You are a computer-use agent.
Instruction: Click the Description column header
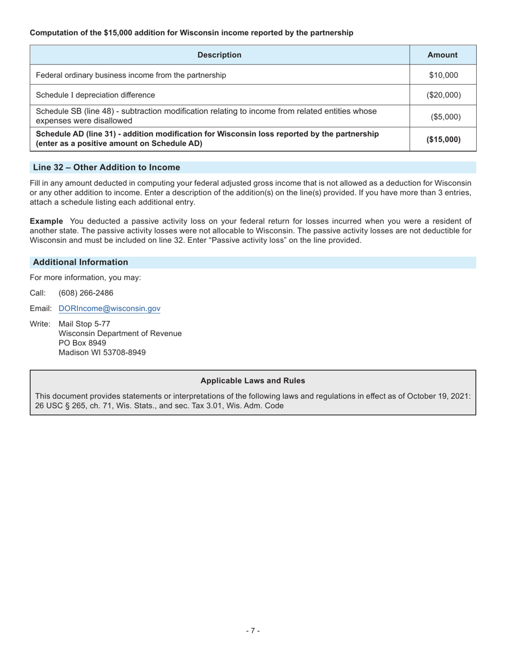tap(219, 55)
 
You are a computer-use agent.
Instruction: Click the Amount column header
tap(442, 55)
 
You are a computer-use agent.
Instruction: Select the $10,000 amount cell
tap(443, 75)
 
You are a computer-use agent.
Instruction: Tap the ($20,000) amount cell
tap(443, 95)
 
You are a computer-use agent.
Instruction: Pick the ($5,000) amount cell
tap(443, 117)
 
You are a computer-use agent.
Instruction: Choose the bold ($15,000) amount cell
tap(443, 140)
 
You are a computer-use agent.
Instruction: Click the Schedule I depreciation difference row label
tap(95, 95)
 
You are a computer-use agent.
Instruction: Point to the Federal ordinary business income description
tap(130, 75)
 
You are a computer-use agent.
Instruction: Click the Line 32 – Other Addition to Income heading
tap(107, 168)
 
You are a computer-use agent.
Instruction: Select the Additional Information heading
tap(80, 263)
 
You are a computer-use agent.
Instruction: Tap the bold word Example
tap(46, 221)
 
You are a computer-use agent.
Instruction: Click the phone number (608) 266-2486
tap(86, 293)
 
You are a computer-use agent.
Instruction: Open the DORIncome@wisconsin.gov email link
tap(109, 309)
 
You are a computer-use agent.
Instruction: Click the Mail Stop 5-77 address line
tap(84, 324)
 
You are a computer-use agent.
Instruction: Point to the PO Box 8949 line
tap(82, 343)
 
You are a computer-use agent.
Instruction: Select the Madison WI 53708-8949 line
tap(102, 353)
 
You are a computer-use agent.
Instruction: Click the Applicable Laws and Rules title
tap(252, 381)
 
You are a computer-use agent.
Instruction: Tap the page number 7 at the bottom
tap(252, 631)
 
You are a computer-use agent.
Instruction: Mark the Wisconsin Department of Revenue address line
tap(120, 333)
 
